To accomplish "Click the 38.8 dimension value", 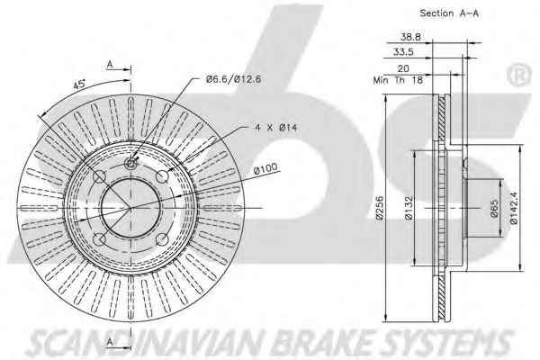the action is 410,37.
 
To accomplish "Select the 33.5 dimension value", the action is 403,52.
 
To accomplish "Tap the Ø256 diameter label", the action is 380,208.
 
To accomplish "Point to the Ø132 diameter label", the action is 409,208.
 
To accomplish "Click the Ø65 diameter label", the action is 494,208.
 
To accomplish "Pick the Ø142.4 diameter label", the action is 514,208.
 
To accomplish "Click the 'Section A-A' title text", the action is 449,13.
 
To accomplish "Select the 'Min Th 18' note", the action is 398,80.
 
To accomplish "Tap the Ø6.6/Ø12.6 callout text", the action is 233,79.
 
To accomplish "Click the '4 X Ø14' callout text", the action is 276,128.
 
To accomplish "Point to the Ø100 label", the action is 265,169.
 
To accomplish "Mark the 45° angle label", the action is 79,84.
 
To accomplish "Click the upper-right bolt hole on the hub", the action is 162,176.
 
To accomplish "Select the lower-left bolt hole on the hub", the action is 99,238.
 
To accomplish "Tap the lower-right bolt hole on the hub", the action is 162,239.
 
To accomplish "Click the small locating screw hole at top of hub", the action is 130,163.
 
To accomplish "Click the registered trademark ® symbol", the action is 519,75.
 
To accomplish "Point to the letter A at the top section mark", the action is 110,64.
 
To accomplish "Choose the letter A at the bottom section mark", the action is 110,342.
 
